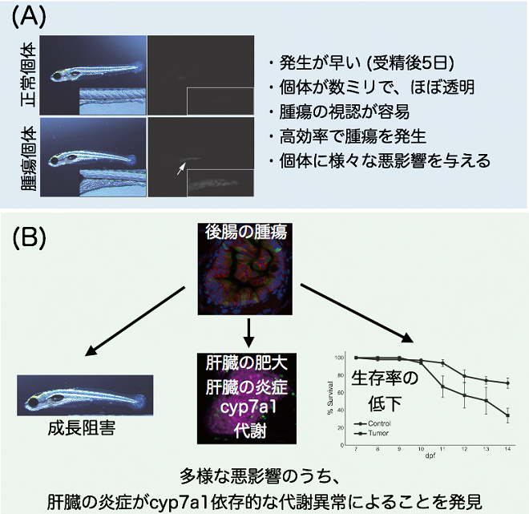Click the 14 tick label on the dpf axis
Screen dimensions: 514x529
(x=508, y=450)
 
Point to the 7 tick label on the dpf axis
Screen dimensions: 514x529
(x=355, y=450)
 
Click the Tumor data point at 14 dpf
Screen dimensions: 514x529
(x=508, y=415)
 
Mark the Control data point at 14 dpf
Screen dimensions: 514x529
(x=508, y=383)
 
